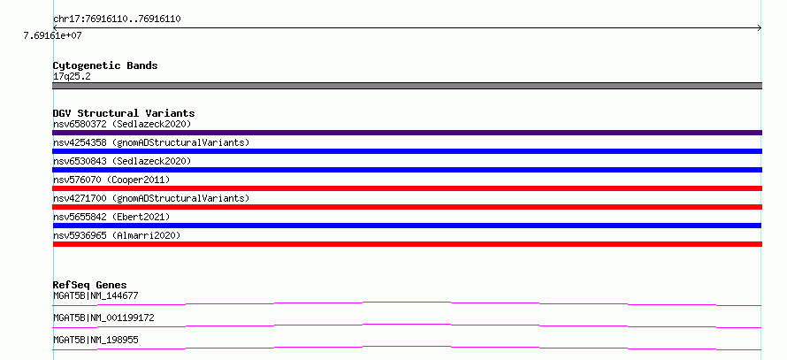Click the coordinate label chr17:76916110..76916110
coord(117,19)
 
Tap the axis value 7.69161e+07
coord(53,36)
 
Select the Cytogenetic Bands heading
coord(105,65)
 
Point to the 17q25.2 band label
coord(72,77)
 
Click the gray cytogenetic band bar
coord(407,86)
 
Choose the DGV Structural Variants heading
coord(124,113)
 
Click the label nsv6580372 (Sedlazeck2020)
coord(122,124)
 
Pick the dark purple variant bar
coord(407,133)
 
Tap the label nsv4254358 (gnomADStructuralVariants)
coord(151,142)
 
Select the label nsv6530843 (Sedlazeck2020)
coord(122,161)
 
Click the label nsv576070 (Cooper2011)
coord(111,180)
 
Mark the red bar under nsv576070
coord(407,188)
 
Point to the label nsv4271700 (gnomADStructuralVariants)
coord(151,198)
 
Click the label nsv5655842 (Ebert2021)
coord(111,217)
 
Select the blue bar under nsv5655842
coord(407,226)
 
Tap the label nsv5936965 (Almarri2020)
coord(117,235)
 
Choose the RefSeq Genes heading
coord(89,285)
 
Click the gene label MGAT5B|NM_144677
coord(96,295)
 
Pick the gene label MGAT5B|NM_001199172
coord(103,318)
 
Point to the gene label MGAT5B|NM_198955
coord(96,340)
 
